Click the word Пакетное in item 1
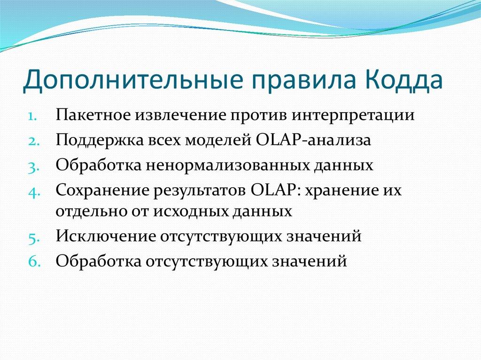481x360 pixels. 93,115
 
